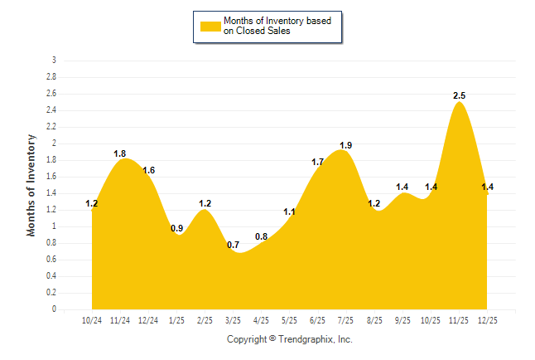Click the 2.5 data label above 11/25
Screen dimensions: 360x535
tap(459, 96)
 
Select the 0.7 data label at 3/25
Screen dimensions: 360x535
tap(233, 246)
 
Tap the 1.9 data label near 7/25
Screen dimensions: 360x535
tap(345, 146)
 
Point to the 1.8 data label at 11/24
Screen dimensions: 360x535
tap(119, 153)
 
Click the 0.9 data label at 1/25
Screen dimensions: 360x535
tap(176, 229)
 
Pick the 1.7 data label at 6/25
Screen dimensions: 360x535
tap(317, 163)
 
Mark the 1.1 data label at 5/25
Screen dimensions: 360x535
tap(289, 212)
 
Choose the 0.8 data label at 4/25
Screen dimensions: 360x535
tap(261, 237)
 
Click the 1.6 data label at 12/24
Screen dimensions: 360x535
tap(148, 171)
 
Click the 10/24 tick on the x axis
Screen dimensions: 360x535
tap(92, 320)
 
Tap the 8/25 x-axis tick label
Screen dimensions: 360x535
tap(374, 320)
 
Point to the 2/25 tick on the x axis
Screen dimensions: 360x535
tap(205, 320)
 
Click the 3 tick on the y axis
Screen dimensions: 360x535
tap(54, 61)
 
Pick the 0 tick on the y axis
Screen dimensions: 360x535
tap(54, 309)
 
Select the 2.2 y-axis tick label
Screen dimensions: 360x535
tap(51, 127)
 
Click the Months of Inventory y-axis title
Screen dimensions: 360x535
tap(31, 185)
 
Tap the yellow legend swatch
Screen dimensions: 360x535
tap(210, 27)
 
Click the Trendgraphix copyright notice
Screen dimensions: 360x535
tap(290, 339)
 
